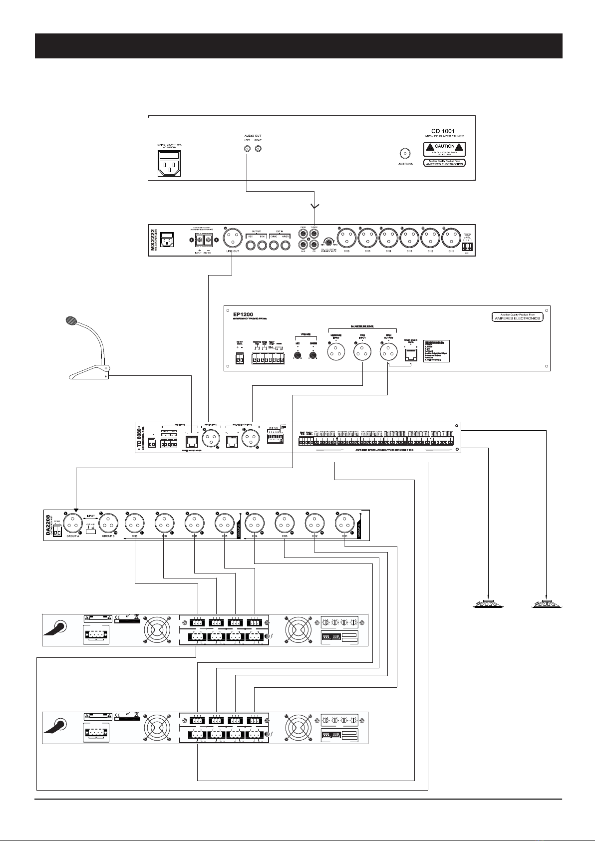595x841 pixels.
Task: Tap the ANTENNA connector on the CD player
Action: (405, 153)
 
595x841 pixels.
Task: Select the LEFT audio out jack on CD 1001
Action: (248, 149)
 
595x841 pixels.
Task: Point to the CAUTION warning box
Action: (444, 148)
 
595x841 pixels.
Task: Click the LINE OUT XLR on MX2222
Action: (232, 239)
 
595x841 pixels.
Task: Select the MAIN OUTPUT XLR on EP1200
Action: (388, 353)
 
